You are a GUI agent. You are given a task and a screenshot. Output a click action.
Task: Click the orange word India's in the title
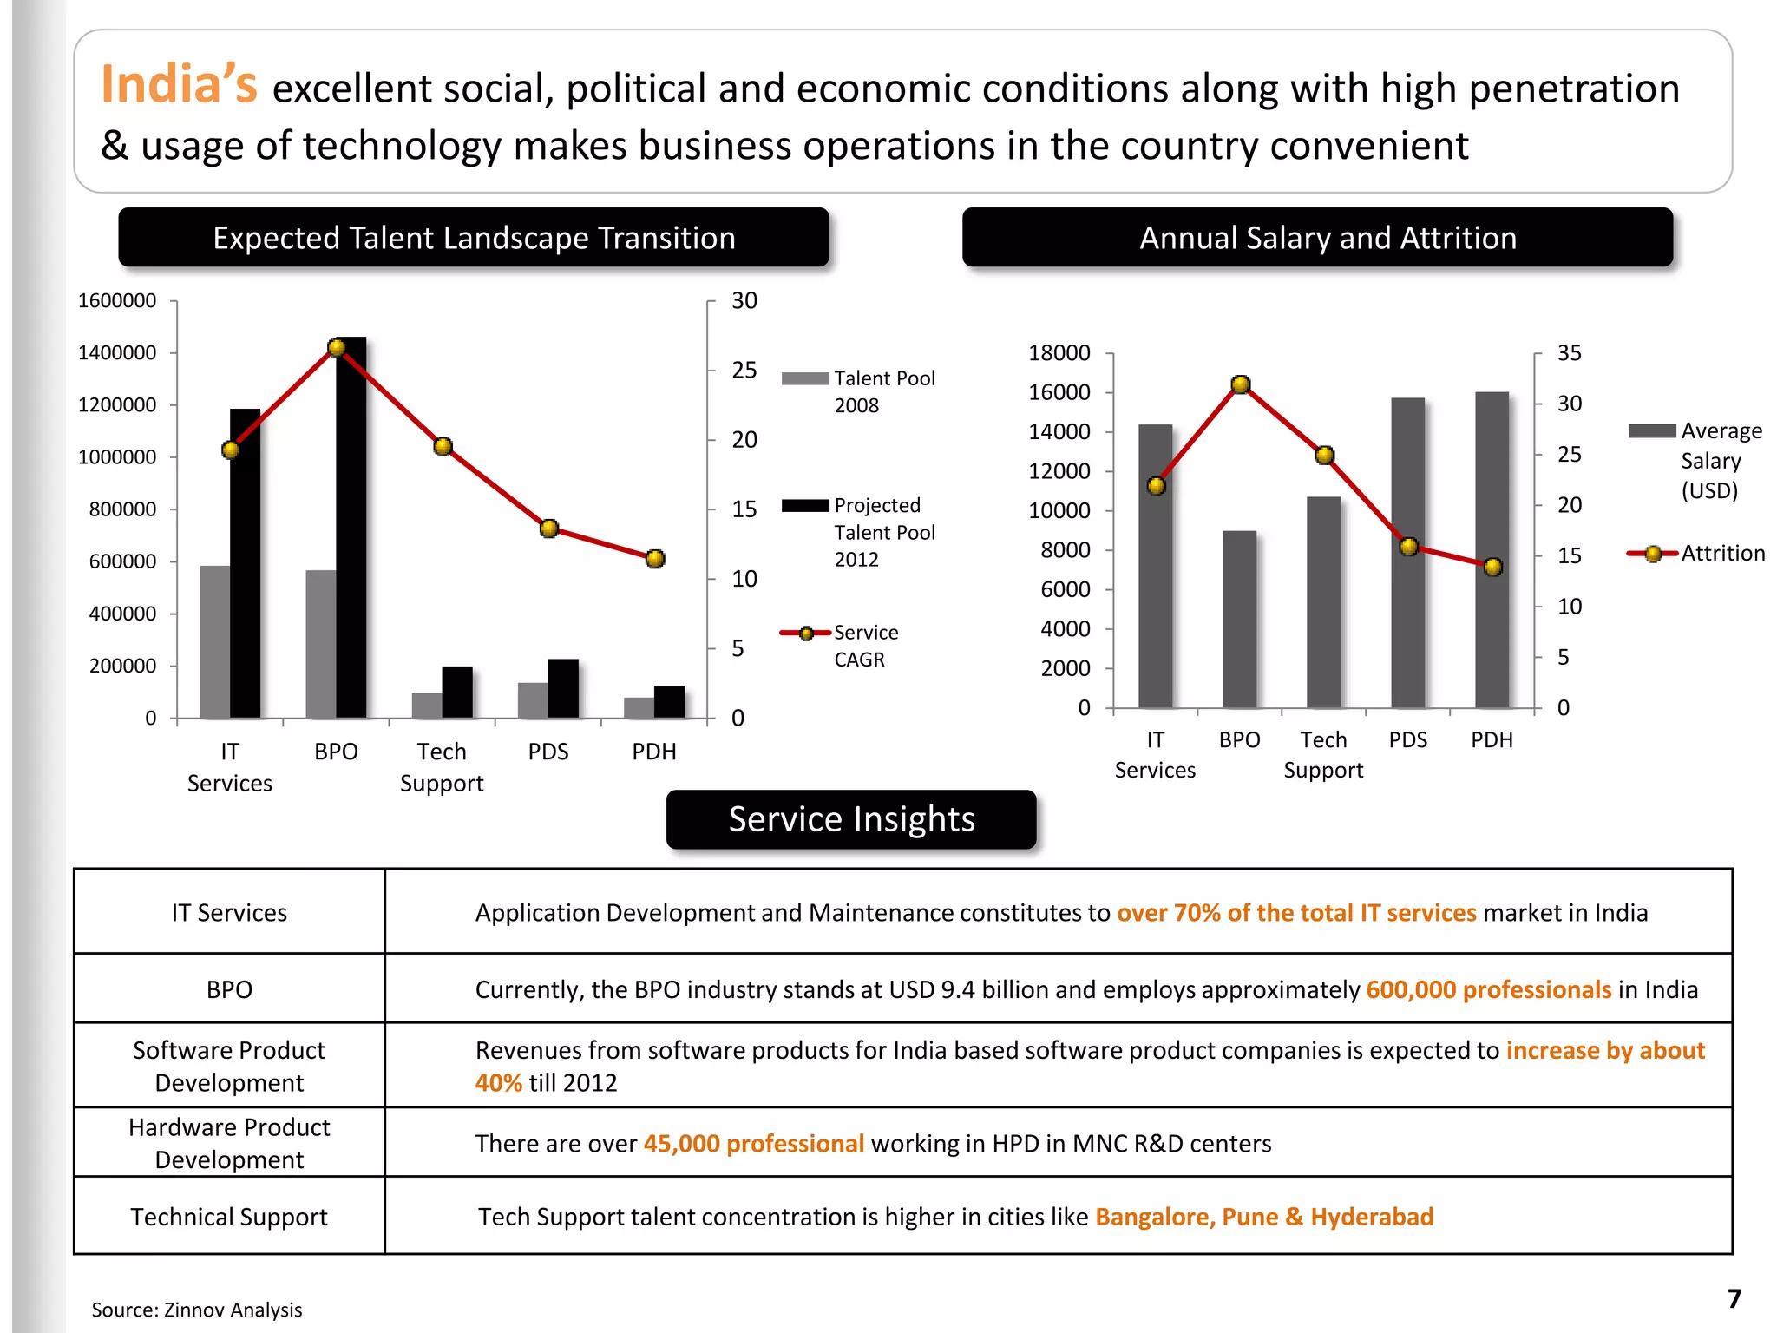(179, 85)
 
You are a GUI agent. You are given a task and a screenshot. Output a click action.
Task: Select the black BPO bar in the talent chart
(351, 529)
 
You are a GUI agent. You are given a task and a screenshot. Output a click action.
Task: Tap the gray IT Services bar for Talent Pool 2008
(214, 642)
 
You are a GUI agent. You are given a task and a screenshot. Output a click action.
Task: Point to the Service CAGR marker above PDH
(655, 559)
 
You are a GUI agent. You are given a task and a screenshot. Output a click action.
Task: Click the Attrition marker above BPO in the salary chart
(1241, 384)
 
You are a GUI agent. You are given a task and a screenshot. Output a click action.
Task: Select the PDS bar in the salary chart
(1407, 555)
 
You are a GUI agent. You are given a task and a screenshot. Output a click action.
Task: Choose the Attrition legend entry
(1696, 554)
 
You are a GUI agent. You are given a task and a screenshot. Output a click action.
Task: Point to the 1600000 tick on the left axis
(117, 301)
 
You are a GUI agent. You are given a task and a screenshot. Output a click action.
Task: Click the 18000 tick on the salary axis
(1059, 353)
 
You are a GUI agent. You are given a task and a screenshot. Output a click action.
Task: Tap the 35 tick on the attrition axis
(1569, 353)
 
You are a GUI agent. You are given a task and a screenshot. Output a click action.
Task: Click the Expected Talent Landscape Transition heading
(474, 238)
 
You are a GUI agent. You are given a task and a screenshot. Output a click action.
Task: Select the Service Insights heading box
(851, 819)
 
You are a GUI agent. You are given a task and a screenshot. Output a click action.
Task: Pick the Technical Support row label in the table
(229, 1217)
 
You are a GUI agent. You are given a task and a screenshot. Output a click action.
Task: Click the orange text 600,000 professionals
(1488, 990)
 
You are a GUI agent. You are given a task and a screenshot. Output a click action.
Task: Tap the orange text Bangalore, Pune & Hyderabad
(1263, 1217)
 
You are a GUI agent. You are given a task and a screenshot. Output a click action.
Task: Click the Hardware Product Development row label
(229, 1143)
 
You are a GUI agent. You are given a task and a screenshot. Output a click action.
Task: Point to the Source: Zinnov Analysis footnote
(197, 1310)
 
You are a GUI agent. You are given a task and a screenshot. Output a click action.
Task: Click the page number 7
(1734, 1299)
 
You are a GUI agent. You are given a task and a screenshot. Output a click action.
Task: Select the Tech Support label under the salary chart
(1323, 755)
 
